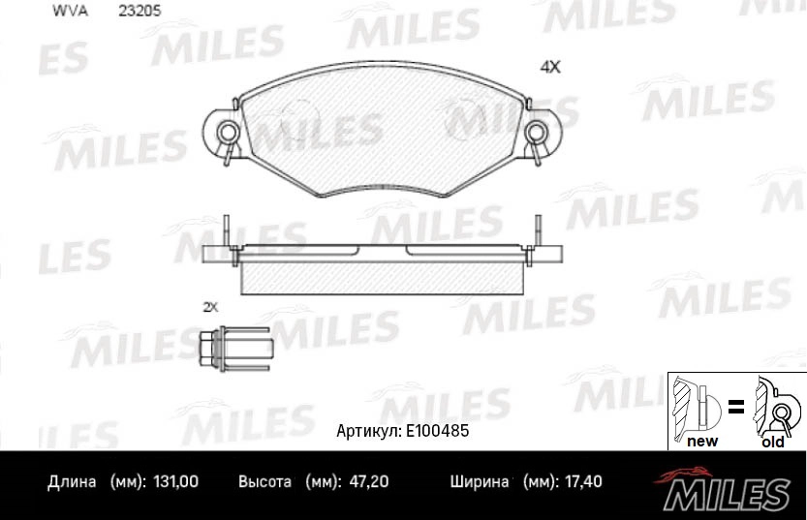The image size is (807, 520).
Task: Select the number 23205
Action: (x=139, y=11)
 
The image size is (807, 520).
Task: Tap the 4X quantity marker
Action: (x=550, y=68)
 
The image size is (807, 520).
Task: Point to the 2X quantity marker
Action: (x=210, y=307)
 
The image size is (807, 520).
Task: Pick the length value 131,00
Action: (x=175, y=481)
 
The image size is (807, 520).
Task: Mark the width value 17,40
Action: (x=586, y=481)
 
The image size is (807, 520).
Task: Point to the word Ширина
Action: (x=480, y=481)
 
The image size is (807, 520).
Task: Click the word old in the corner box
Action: (x=772, y=442)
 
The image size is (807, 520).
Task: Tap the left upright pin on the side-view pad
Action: (x=224, y=232)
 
